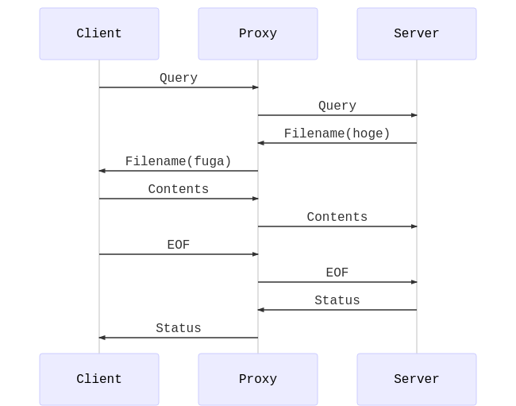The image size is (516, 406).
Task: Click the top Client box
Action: pyautogui.click(x=99, y=33)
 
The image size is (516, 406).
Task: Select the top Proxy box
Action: pyautogui.click(x=258, y=33)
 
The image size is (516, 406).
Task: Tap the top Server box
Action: pyautogui.click(x=417, y=33)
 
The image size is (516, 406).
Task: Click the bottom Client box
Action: pyautogui.click(x=99, y=379)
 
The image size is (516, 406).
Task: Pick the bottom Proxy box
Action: pyautogui.click(x=258, y=379)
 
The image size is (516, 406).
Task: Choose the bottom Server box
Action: pyautogui.click(x=417, y=379)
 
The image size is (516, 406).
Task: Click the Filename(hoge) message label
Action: pyautogui.click(x=337, y=133)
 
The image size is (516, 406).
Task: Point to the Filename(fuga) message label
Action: pyautogui.click(x=179, y=161)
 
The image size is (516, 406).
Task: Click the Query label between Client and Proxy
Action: pyautogui.click(x=179, y=78)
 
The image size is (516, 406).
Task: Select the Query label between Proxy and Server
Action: pyautogui.click(x=337, y=106)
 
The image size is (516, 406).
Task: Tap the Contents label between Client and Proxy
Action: pyautogui.click(x=179, y=189)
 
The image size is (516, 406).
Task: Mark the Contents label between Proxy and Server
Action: pyautogui.click(x=337, y=217)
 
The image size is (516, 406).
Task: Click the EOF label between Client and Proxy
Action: pyautogui.click(x=179, y=245)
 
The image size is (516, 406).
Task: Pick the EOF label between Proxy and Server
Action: pyautogui.click(x=337, y=273)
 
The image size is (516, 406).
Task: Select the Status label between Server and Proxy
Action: pyautogui.click(x=337, y=300)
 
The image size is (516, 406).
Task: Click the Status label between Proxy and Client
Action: pyautogui.click(x=179, y=328)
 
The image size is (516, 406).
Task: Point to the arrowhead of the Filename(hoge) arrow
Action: pyautogui.click(x=260, y=143)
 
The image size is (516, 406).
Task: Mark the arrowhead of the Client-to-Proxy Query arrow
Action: pyautogui.click(x=256, y=87)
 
